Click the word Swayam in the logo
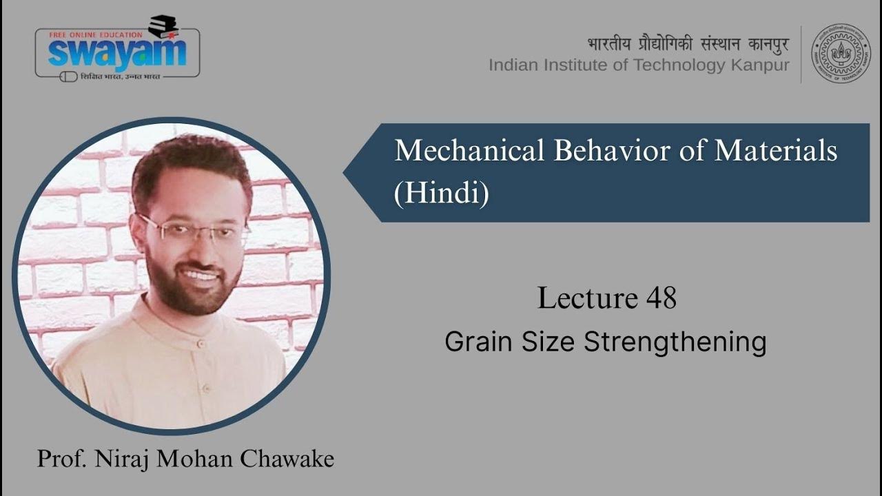[117, 54]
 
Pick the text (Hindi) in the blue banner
[441, 194]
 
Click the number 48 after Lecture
[661, 298]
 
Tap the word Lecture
[587, 298]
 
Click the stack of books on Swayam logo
[163, 26]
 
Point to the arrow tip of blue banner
[347, 173]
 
